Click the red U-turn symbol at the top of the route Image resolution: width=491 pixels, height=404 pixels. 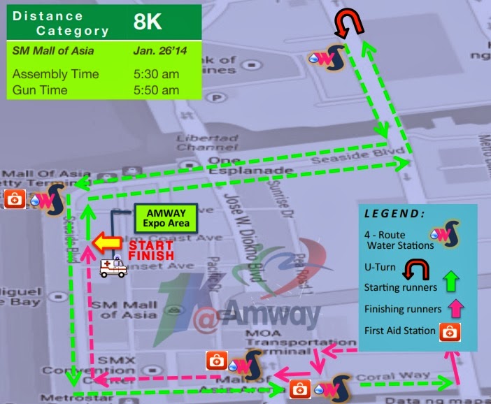(348, 23)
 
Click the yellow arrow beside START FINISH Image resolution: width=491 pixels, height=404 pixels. (108, 243)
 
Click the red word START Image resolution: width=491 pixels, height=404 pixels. (150, 245)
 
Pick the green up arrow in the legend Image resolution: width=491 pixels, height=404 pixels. (450, 282)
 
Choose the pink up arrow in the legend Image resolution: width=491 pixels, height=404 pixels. (450, 308)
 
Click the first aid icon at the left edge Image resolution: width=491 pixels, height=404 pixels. (15, 199)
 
